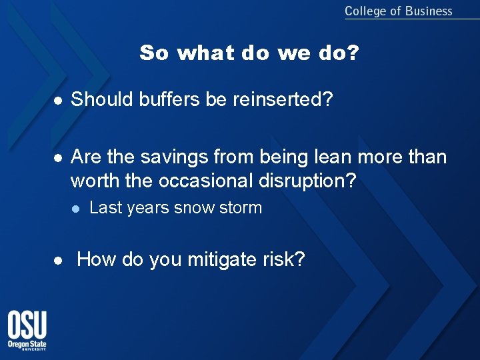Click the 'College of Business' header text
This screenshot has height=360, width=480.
tap(398, 11)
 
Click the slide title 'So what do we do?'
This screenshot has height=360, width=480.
tap(249, 53)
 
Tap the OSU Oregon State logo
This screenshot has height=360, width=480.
tap(27, 331)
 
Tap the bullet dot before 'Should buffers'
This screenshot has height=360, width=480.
tap(59, 101)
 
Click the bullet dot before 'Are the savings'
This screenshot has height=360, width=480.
tap(59, 157)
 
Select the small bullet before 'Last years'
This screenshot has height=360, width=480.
tap(76, 209)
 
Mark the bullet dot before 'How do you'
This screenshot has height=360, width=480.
tap(59, 260)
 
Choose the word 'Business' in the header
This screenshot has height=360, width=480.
tap(428, 11)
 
